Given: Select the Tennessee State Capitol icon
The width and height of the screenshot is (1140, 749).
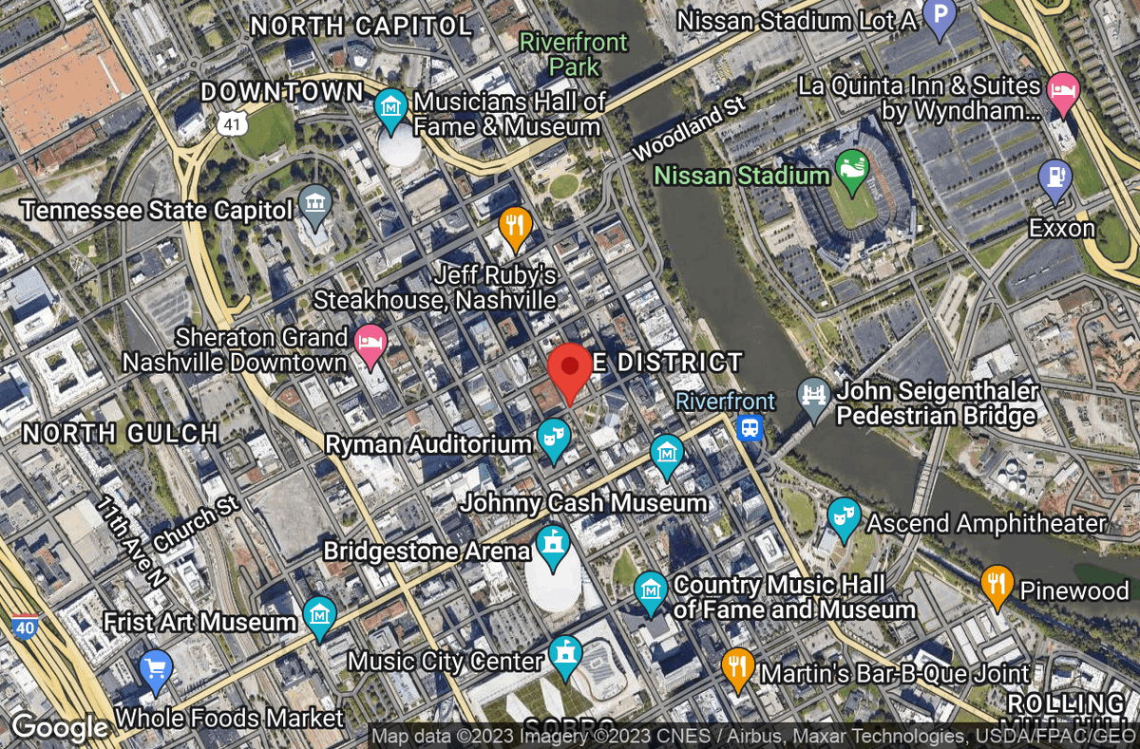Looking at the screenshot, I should [313, 202].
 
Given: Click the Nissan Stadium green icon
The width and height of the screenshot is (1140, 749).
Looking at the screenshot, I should [851, 168].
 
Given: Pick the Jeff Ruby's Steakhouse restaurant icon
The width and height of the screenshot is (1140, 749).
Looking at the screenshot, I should [514, 225].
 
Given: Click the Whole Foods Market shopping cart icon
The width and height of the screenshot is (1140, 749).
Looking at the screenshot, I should [155, 668].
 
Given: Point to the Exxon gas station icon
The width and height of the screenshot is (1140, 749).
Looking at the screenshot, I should [1054, 178].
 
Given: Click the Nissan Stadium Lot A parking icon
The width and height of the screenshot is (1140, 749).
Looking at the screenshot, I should [939, 16].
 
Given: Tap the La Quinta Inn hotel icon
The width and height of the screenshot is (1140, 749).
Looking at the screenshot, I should [1062, 91].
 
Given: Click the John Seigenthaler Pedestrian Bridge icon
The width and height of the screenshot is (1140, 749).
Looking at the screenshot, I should [814, 392].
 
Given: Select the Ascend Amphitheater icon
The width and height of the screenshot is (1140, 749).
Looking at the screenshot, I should [843, 516].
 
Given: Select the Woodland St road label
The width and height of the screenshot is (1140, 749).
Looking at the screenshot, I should [689, 128].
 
